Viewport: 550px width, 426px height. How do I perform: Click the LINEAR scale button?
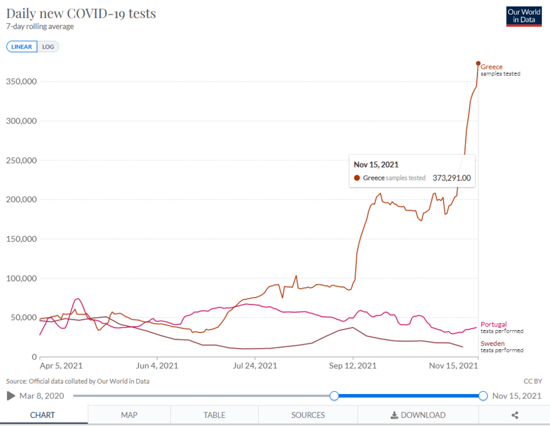[x=22, y=47]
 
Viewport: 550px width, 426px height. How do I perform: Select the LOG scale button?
[x=48, y=47]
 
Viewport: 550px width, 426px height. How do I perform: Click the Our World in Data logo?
[x=524, y=16]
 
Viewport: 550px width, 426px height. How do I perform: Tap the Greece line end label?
[x=491, y=67]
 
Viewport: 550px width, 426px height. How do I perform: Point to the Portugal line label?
[x=493, y=324]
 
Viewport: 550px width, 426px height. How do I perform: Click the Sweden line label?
[x=493, y=343]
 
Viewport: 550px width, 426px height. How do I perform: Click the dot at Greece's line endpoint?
[x=478, y=63]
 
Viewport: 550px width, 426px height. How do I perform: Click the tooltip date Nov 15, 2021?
[x=376, y=164]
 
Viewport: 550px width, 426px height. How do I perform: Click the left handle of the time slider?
[x=334, y=396]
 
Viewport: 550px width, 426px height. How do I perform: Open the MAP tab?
[x=129, y=415]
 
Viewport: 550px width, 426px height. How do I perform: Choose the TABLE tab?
[x=214, y=415]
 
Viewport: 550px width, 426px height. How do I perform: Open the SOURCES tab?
[x=308, y=415]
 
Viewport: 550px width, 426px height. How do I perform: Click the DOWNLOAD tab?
[x=418, y=415]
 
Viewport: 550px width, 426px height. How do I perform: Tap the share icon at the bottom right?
[x=515, y=415]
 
